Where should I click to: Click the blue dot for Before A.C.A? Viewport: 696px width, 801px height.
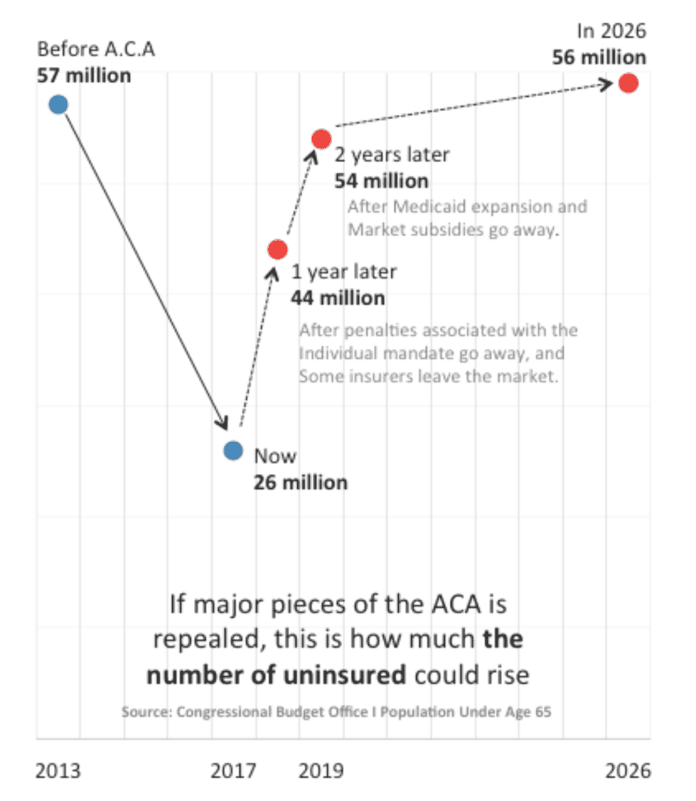(58, 104)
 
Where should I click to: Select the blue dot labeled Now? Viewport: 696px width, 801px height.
(233, 450)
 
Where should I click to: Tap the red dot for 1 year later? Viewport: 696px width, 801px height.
(278, 250)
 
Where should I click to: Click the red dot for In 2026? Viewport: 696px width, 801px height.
(628, 83)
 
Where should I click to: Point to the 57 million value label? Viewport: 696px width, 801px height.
(84, 76)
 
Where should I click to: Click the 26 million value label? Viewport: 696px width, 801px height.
(300, 482)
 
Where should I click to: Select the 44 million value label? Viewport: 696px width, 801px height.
(338, 298)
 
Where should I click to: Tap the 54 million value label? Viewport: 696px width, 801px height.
(382, 181)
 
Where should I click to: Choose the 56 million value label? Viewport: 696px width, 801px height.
(599, 58)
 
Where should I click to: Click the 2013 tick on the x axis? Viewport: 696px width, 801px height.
(58, 771)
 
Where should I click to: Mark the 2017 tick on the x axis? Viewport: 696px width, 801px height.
(233, 771)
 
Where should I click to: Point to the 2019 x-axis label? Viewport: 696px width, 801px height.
(321, 771)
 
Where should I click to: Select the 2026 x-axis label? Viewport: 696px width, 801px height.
(627, 771)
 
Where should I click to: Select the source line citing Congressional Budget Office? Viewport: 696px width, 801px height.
(341, 712)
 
